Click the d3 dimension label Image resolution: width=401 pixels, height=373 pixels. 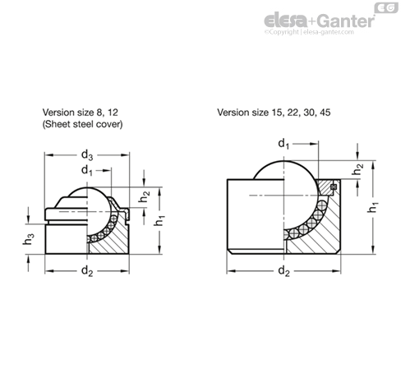[87, 155]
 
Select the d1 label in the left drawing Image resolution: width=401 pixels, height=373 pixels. [87, 171]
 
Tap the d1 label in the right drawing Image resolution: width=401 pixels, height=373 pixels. [283, 144]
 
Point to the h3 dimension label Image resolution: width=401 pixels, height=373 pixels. [29, 239]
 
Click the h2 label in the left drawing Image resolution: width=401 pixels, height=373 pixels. [144, 196]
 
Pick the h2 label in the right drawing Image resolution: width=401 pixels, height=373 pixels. [357, 169]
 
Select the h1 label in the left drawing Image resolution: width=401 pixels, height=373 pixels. [159, 221]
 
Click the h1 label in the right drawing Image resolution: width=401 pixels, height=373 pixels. [372, 207]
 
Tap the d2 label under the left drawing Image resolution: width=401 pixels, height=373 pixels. [87, 271]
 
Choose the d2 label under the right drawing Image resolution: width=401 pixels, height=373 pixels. [283, 271]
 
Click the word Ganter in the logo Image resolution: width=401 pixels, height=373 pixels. [346, 21]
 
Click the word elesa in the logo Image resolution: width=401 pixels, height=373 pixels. [285, 21]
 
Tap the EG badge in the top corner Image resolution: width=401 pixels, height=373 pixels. [386, 8]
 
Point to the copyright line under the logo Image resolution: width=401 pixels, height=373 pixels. [309, 32]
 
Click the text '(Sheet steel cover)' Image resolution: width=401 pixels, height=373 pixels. [82, 124]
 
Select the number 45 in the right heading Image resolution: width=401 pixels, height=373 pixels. [325, 113]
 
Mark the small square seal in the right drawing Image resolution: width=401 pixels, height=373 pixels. [334, 186]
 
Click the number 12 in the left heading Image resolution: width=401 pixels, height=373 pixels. [113, 113]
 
